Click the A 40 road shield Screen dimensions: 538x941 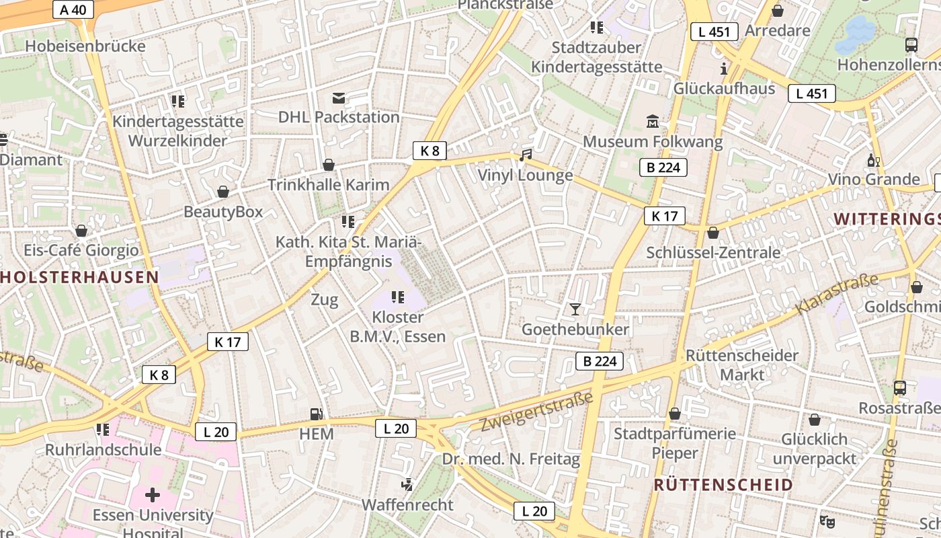coord(73,9)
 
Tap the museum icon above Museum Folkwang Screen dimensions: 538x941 coord(653,122)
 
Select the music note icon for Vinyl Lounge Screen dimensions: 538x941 coord(526,155)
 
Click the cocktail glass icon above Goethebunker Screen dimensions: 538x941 coord(575,309)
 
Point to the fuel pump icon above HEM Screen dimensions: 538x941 coord(316,414)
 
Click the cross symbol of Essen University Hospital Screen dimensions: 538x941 coord(153,496)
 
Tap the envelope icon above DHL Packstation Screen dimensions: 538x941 coord(339,99)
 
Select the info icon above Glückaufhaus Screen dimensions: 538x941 coord(724,69)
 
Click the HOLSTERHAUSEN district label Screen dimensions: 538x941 coord(80,277)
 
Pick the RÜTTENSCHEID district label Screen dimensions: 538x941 coord(723,485)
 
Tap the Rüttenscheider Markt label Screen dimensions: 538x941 coord(742,364)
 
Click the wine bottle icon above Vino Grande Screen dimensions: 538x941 coord(873,160)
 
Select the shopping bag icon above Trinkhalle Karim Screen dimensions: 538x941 coord(329,165)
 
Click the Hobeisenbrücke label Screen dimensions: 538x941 coord(85,46)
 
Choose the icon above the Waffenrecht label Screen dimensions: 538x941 coord(407,484)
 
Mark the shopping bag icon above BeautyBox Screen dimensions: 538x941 coord(223,192)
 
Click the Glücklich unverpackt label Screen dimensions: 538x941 coord(815,449)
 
